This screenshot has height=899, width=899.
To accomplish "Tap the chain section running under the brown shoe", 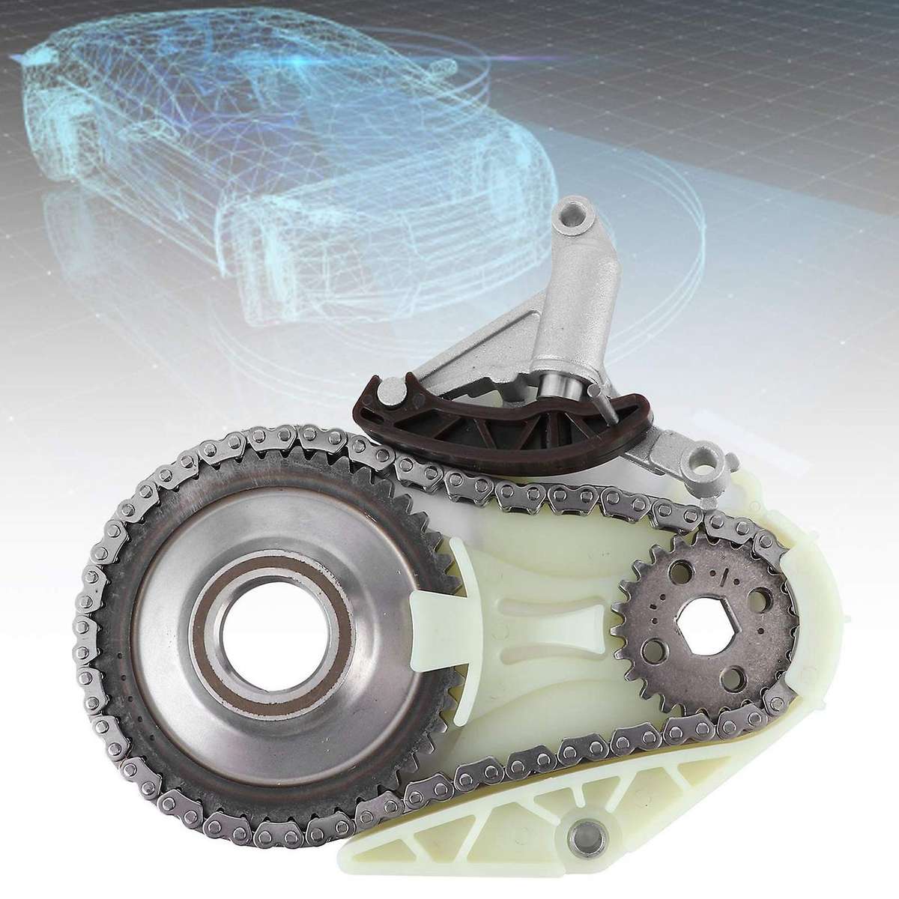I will pos(479,479).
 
